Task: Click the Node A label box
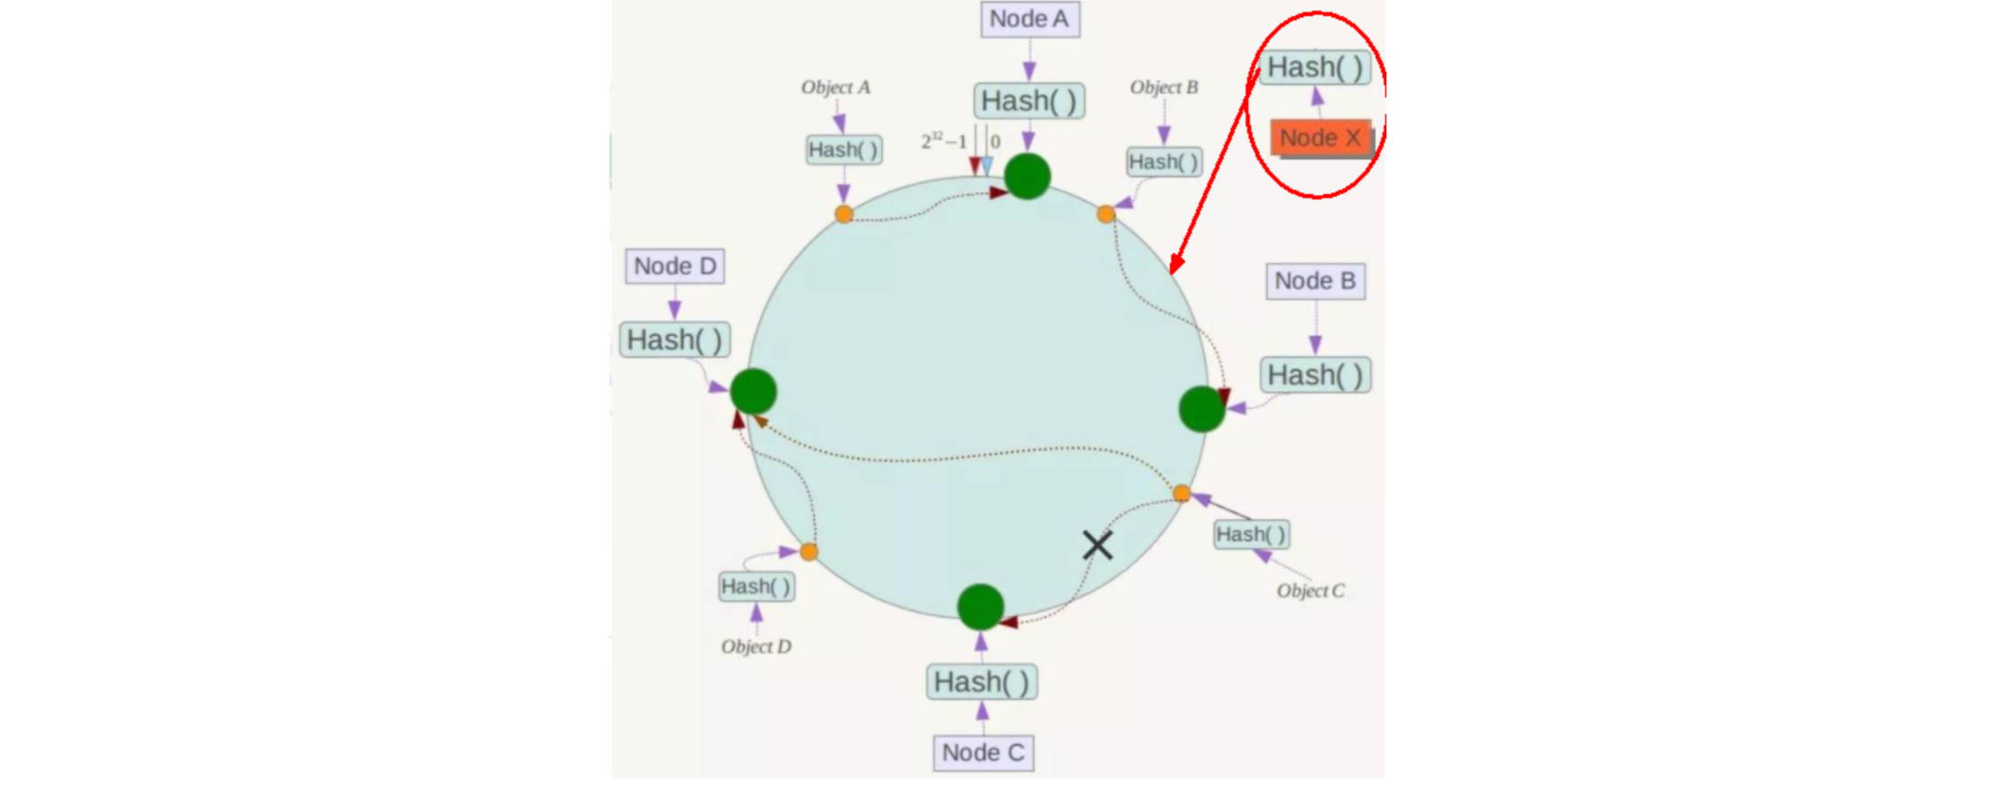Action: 1030,19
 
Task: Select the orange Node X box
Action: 1320,138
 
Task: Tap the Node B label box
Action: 1315,281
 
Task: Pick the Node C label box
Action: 983,753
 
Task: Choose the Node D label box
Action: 675,266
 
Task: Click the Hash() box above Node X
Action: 1315,67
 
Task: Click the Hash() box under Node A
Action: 1029,100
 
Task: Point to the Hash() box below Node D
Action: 674,340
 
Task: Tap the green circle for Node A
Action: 1027,176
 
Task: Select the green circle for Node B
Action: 1201,409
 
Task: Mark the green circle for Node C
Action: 980,607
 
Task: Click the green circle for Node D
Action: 753,391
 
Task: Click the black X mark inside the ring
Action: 1097,545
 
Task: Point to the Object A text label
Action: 835,87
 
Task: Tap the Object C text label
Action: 1310,590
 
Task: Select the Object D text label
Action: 756,646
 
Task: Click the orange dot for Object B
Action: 1106,214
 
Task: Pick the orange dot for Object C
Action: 1182,493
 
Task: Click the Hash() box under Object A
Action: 843,150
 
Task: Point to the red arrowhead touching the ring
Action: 1175,265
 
